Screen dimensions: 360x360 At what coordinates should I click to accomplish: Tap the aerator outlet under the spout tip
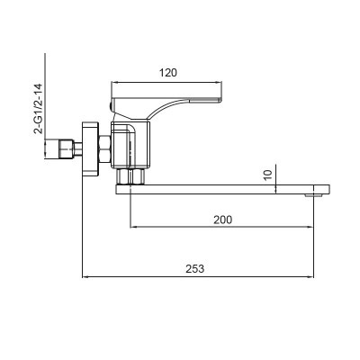click(315, 193)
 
